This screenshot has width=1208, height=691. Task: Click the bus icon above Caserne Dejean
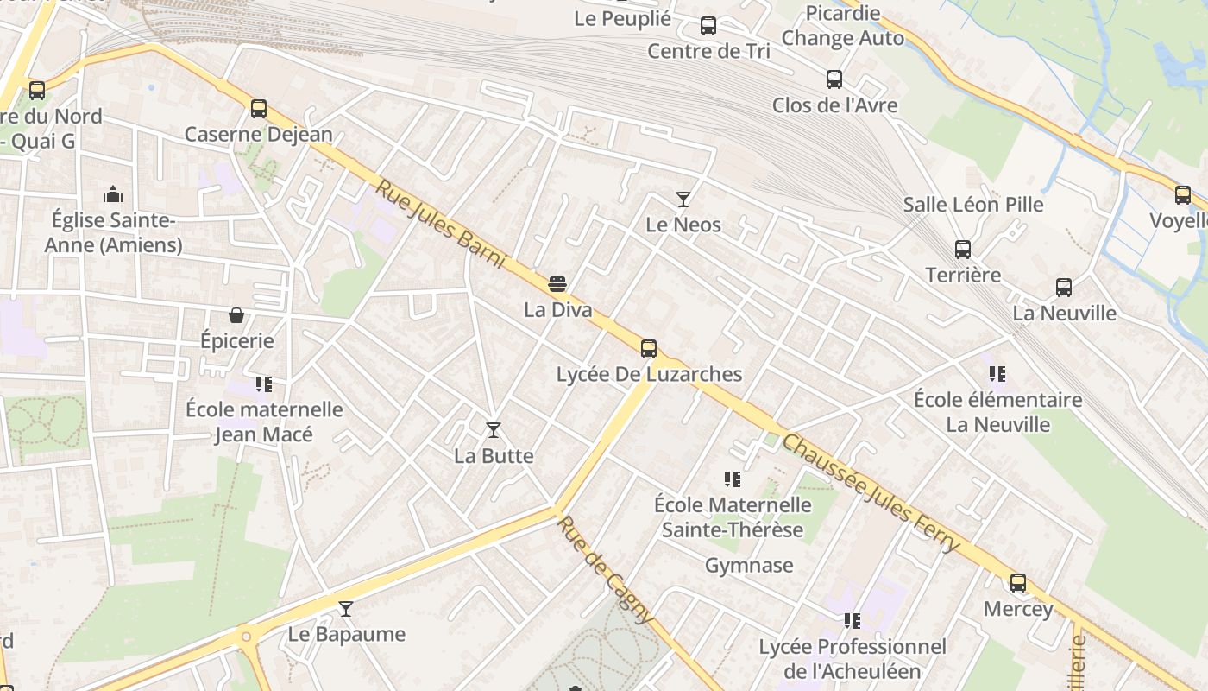(x=259, y=109)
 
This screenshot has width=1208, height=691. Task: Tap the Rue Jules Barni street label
(x=439, y=224)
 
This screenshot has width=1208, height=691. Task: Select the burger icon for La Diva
(x=557, y=283)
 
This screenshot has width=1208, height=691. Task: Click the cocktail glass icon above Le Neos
(x=683, y=200)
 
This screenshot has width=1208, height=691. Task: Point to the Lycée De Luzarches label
(x=649, y=374)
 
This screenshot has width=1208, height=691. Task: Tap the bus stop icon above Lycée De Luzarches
(x=649, y=349)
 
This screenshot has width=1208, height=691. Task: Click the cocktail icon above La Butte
(x=494, y=429)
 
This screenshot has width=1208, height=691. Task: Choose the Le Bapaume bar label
(x=346, y=634)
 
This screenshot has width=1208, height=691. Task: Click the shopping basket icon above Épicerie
(x=236, y=315)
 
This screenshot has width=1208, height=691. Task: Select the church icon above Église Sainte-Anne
(x=113, y=194)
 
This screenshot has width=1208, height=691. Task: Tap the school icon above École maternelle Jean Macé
(x=264, y=384)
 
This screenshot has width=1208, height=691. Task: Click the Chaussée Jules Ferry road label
(x=870, y=493)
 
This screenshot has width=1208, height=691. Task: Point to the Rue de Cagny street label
(x=604, y=569)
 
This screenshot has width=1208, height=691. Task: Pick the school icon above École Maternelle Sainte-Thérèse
(x=733, y=479)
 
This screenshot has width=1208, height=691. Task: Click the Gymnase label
(x=749, y=566)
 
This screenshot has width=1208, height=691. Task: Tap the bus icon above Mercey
(x=1018, y=583)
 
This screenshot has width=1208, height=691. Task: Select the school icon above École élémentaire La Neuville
(x=997, y=374)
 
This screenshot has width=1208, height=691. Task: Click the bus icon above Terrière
(x=963, y=250)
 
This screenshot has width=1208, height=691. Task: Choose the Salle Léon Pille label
(x=973, y=205)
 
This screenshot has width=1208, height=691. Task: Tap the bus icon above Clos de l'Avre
(x=834, y=79)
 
